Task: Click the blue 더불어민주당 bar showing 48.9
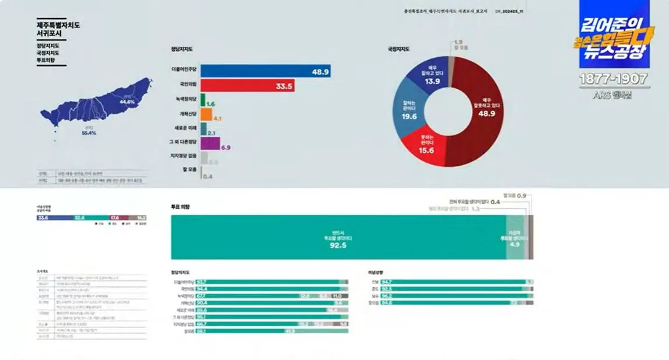(265, 71)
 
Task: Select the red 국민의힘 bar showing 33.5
(247, 86)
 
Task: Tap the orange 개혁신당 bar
(206, 115)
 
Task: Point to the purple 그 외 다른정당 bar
(210, 144)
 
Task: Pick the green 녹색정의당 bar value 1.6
(211, 104)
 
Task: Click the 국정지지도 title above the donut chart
(398, 49)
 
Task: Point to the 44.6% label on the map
(127, 102)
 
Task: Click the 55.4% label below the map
(89, 133)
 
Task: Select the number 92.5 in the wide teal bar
(338, 246)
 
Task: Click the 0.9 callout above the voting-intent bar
(522, 195)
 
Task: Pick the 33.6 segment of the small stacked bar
(54, 218)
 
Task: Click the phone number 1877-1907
(613, 79)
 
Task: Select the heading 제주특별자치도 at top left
(58, 25)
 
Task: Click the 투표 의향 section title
(181, 207)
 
